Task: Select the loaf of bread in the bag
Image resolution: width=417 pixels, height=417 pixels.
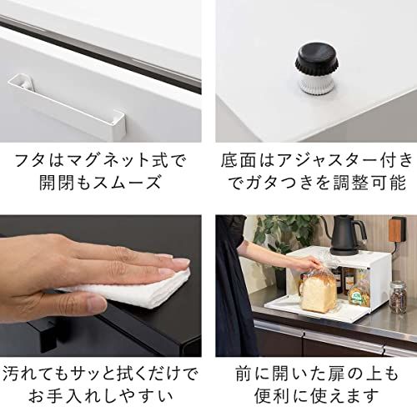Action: [319, 289]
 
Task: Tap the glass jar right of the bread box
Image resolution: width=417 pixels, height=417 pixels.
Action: [399, 295]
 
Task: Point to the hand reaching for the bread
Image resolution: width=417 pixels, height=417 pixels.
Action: [297, 265]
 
